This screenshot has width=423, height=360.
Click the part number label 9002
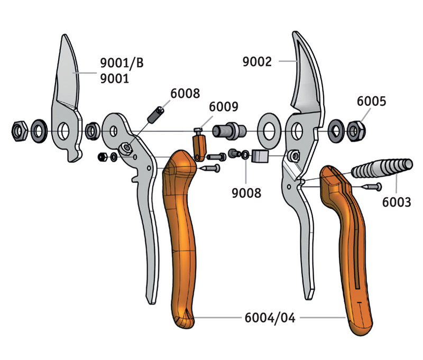point(257,62)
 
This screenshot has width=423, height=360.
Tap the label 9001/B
point(122,64)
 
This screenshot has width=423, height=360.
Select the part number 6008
point(185,94)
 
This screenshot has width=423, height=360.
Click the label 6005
point(371,101)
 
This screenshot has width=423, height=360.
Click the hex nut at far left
point(20,131)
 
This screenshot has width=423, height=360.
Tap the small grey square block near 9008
point(261,156)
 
